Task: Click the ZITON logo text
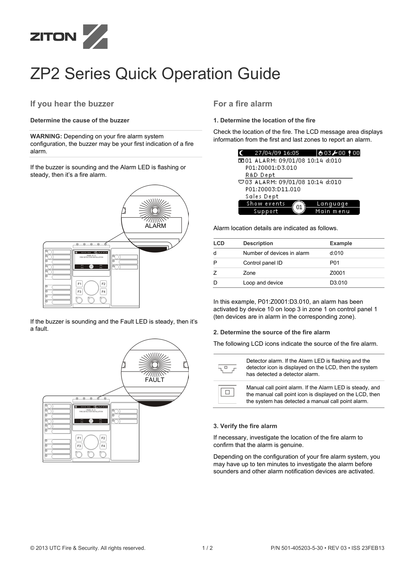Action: click(x=53, y=37)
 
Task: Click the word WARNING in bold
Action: click(x=46, y=136)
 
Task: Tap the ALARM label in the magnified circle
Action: click(x=155, y=226)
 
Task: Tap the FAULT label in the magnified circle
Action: click(x=155, y=380)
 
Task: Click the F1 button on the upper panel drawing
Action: click(x=79, y=284)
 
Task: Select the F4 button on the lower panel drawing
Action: click(x=103, y=446)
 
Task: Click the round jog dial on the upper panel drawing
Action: click(x=91, y=288)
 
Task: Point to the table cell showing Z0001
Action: click(x=337, y=273)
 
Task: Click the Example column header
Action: click(x=341, y=243)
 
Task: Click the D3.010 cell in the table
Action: click(x=338, y=283)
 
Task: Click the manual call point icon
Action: click(x=227, y=392)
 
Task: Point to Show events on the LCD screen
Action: click(x=265, y=204)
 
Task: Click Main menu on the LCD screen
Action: click(x=332, y=211)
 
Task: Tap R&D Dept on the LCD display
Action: click(x=260, y=175)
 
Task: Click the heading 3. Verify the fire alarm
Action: click(x=245, y=426)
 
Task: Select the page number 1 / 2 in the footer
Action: click(x=207, y=548)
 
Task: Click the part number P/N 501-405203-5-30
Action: click(x=296, y=548)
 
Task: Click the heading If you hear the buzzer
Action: click(x=72, y=104)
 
